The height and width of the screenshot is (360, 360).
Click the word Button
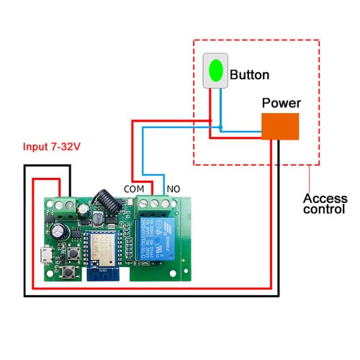coord(249,74)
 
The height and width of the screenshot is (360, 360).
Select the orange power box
coord(280,127)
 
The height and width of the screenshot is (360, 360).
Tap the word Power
coord(281,103)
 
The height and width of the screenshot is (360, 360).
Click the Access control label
coord(324,204)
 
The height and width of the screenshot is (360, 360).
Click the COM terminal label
coord(134,189)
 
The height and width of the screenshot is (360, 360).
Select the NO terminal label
coord(174,189)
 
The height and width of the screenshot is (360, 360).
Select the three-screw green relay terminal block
coord(151,204)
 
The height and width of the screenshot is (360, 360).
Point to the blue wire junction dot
coord(221,129)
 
